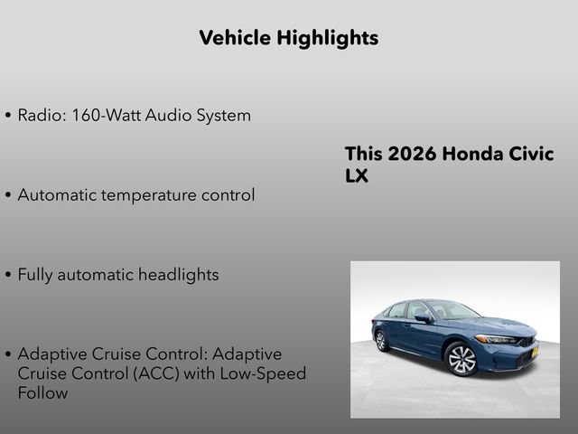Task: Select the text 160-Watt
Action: (111, 116)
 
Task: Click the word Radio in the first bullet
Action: (41, 116)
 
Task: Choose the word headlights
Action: (178, 274)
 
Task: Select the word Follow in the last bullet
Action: (42, 393)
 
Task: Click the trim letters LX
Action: (357, 176)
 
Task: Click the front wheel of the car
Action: (461, 359)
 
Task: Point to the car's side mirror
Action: (422, 318)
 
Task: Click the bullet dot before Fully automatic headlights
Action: (8, 275)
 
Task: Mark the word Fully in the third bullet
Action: (35, 274)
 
